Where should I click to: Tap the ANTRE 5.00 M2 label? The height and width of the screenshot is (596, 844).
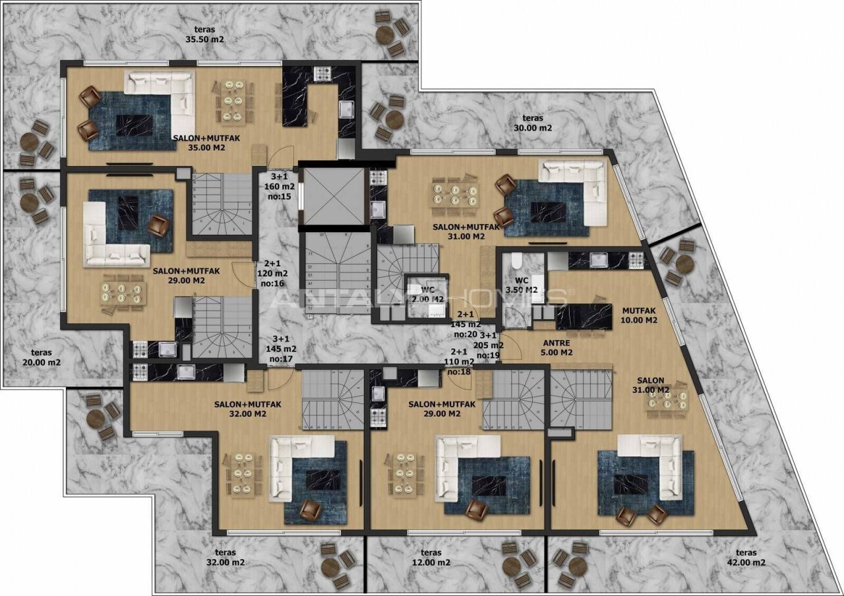click(557, 347)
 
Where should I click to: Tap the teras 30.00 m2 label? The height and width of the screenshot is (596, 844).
click(533, 123)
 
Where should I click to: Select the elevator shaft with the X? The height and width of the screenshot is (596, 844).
click(334, 196)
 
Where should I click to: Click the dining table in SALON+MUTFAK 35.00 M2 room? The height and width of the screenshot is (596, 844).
click(231, 102)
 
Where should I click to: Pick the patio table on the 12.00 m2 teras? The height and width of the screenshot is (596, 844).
click(511, 566)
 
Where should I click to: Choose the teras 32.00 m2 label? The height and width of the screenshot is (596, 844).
click(225, 558)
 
